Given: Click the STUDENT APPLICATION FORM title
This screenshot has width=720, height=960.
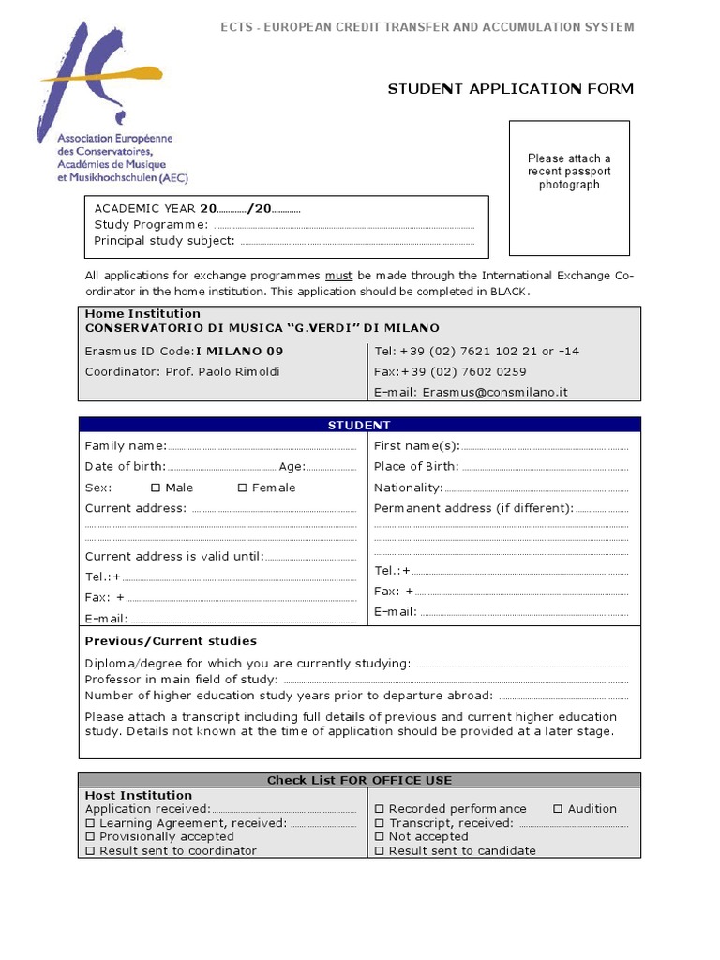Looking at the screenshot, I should coord(511,89).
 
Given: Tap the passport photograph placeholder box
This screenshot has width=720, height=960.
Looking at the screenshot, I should coord(569,187).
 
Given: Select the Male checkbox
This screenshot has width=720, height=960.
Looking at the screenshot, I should coord(156,487).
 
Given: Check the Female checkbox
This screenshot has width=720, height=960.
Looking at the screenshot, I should coord(242,487).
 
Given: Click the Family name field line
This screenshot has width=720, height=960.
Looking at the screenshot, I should coord(262,447).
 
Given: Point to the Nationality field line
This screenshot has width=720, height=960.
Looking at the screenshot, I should coord(536,489).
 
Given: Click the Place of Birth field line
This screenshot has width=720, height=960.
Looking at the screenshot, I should coord(545,468).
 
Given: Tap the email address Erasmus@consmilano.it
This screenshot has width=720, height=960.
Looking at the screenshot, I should coord(495,392).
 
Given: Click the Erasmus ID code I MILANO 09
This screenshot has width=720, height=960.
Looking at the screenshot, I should coord(239,351).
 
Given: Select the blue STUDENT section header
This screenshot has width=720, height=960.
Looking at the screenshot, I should coord(359,425).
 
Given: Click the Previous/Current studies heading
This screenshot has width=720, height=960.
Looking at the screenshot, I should coord(171,641).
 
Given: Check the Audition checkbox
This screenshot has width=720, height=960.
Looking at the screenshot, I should coord(558,809).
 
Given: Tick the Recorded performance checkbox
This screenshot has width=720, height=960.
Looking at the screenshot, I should coord(380,809).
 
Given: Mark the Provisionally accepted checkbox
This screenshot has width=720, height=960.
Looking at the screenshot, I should coord(91,837).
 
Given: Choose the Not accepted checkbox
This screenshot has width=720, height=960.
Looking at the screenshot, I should coord(380,837).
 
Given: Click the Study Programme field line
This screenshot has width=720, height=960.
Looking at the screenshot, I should coord(343,227).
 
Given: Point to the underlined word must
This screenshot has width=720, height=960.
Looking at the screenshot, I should coord(338,276).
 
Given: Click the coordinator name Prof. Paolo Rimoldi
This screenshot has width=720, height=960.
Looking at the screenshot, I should coord(223,371).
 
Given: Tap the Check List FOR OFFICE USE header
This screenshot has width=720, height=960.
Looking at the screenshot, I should coord(359,780).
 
